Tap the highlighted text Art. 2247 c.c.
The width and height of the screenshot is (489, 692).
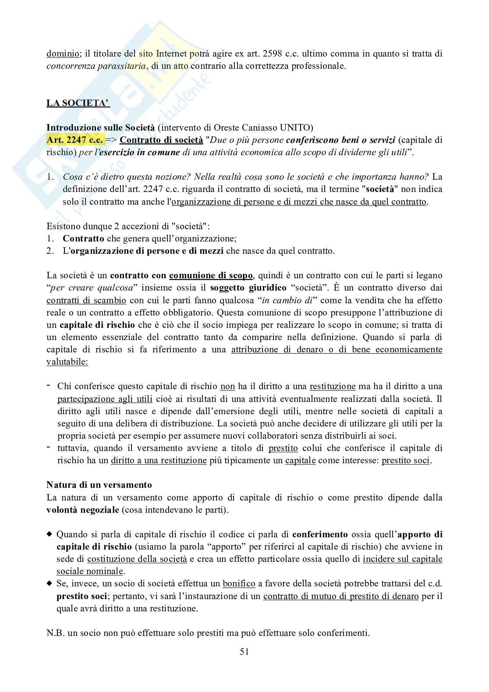(x=75, y=140)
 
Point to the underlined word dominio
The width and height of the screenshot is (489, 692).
(x=63, y=54)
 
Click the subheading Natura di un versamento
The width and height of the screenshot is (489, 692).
(x=99, y=485)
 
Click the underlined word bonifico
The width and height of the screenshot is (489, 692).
(x=239, y=584)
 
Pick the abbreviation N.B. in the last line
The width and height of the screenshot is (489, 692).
(x=55, y=633)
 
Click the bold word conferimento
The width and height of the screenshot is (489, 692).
(x=319, y=534)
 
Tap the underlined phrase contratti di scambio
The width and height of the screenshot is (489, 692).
(x=86, y=301)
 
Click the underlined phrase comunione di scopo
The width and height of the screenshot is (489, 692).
(x=211, y=276)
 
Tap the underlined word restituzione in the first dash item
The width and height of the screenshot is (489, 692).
(x=332, y=387)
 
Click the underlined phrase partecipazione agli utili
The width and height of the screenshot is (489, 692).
(x=105, y=399)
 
